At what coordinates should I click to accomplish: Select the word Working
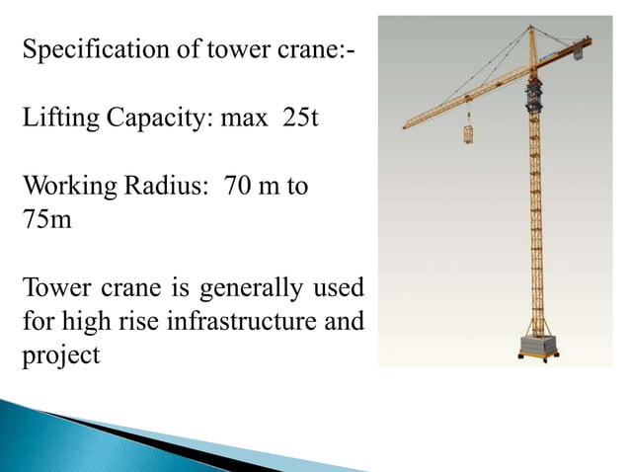[64, 186]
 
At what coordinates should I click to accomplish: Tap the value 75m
[47, 218]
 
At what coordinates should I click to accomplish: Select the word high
[89, 322]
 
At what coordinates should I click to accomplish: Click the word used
[338, 288]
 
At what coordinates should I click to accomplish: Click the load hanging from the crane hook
[468, 133]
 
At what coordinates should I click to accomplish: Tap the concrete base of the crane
[539, 348]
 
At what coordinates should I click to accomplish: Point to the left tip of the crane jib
[406, 126]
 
